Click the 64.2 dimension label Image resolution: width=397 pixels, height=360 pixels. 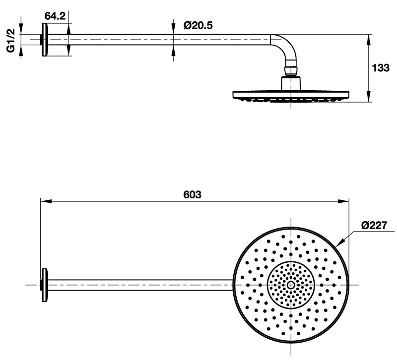[55, 16]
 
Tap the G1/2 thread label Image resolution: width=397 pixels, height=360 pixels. [11, 41]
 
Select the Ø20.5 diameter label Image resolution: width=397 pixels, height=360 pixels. [198, 26]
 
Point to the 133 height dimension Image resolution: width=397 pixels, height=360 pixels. [381, 68]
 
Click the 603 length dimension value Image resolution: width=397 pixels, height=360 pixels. [192, 194]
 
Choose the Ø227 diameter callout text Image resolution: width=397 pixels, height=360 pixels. [374, 225]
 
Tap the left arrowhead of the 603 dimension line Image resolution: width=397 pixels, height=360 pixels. [46, 201]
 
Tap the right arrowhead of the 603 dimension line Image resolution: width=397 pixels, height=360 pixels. [343, 201]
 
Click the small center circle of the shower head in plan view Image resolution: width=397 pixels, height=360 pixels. [291, 285]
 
